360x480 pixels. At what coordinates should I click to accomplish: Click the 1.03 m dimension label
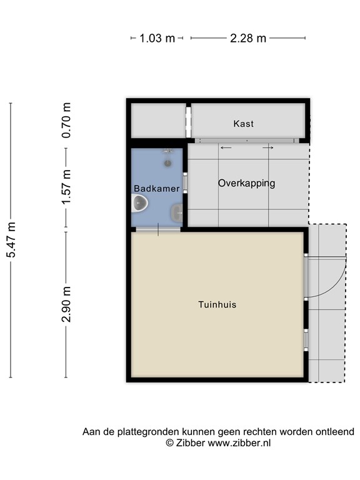pyautogui.click(x=157, y=38)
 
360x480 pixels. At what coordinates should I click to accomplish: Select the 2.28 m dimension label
pyautogui.click(x=248, y=38)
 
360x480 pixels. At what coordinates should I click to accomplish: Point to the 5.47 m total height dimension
pyautogui.click(x=11, y=240)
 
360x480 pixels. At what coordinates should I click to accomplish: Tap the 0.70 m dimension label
pyautogui.click(x=66, y=120)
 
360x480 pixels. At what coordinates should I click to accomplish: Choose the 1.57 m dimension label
pyautogui.click(x=66, y=187)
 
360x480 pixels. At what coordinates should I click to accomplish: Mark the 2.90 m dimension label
pyautogui.click(x=66, y=304)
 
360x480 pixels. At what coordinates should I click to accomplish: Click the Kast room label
pyautogui.click(x=243, y=124)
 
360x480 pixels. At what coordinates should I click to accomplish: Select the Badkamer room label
pyautogui.click(x=157, y=188)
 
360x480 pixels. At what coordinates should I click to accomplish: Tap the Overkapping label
pyautogui.click(x=246, y=183)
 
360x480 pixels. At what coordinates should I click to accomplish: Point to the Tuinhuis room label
pyautogui.click(x=217, y=304)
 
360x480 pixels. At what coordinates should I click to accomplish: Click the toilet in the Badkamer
pyautogui.click(x=139, y=203)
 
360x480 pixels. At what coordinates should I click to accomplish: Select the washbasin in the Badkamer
pyautogui.click(x=177, y=212)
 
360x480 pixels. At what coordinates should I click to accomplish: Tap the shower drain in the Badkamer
pyautogui.click(x=167, y=163)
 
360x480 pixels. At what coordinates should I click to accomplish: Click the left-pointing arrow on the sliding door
pyautogui.click(x=226, y=148)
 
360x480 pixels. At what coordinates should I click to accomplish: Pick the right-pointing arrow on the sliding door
pyautogui.click(x=268, y=148)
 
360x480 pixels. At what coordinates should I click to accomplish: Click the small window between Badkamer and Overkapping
pyautogui.click(x=185, y=182)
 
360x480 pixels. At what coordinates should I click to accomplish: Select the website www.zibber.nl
pyautogui.click(x=239, y=443)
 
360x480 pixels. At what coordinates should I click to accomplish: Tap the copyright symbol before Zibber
pyautogui.click(x=169, y=443)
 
